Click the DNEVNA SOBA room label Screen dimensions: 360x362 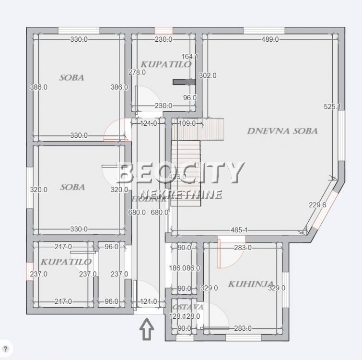pyautogui.click(x=282, y=131)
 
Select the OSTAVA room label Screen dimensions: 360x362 pyautogui.click(x=188, y=307)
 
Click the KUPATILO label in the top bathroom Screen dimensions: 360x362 pyautogui.click(x=166, y=64)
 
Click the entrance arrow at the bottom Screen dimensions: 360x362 pyautogui.click(x=147, y=330)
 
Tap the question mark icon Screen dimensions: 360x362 pyautogui.click(x=6, y=349)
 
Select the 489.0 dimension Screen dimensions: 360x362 pyautogui.click(x=269, y=39)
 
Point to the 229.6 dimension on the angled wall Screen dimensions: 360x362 pyautogui.click(x=317, y=204)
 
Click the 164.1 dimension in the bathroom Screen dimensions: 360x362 pyautogui.click(x=190, y=56)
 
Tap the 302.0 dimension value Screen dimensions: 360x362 pyautogui.click(x=208, y=75)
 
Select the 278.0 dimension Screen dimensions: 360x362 pyautogui.click(x=137, y=72)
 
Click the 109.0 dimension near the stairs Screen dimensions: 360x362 pyautogui.click(x=187, y=123)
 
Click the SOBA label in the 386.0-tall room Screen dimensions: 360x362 pyautogui.click(x=71, y=77)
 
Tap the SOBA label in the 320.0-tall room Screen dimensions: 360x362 pyautogui.click(x=72, y=187)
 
